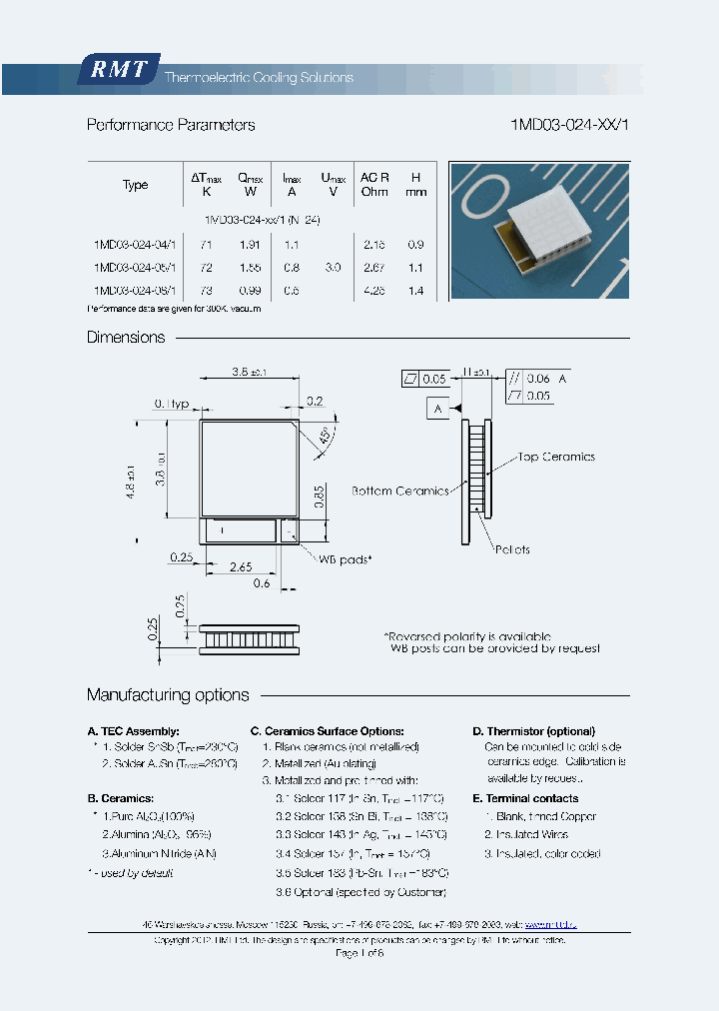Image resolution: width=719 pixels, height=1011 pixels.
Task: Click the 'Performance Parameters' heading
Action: click(x=171, y=125)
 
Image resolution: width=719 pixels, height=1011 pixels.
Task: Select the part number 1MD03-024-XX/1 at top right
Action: click(x=570, y=125)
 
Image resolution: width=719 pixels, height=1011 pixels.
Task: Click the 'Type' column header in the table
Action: click(x=135, y=185)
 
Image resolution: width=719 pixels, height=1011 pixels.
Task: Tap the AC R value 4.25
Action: click(x=374, y=291)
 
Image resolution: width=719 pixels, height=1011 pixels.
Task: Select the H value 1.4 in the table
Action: click(x=415, y=291)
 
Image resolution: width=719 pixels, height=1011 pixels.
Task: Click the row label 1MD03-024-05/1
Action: click(x=134, y=268)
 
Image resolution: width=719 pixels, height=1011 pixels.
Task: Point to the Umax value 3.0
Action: click(x=333, y=268)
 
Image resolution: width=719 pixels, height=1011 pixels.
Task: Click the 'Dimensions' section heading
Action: click(x=126, y=338)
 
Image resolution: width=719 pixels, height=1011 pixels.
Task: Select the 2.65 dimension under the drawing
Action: click(x=240, y=566)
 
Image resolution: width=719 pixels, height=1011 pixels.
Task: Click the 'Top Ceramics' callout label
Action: click(x=556, y=457)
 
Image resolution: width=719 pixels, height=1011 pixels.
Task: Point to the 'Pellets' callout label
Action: click(x=511, y=549)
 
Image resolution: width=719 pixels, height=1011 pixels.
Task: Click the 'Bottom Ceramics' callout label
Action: click(x=400, y=491)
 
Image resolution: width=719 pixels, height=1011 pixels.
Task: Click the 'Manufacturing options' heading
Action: click(x=168, y=695)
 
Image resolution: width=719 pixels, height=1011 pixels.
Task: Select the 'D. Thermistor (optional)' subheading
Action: click(x=533, y=731)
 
